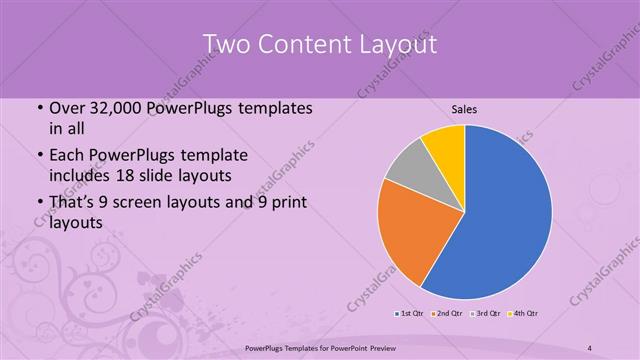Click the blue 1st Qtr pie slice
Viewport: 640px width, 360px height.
tap(505, 215)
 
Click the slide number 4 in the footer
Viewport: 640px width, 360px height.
tap(591, 347)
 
